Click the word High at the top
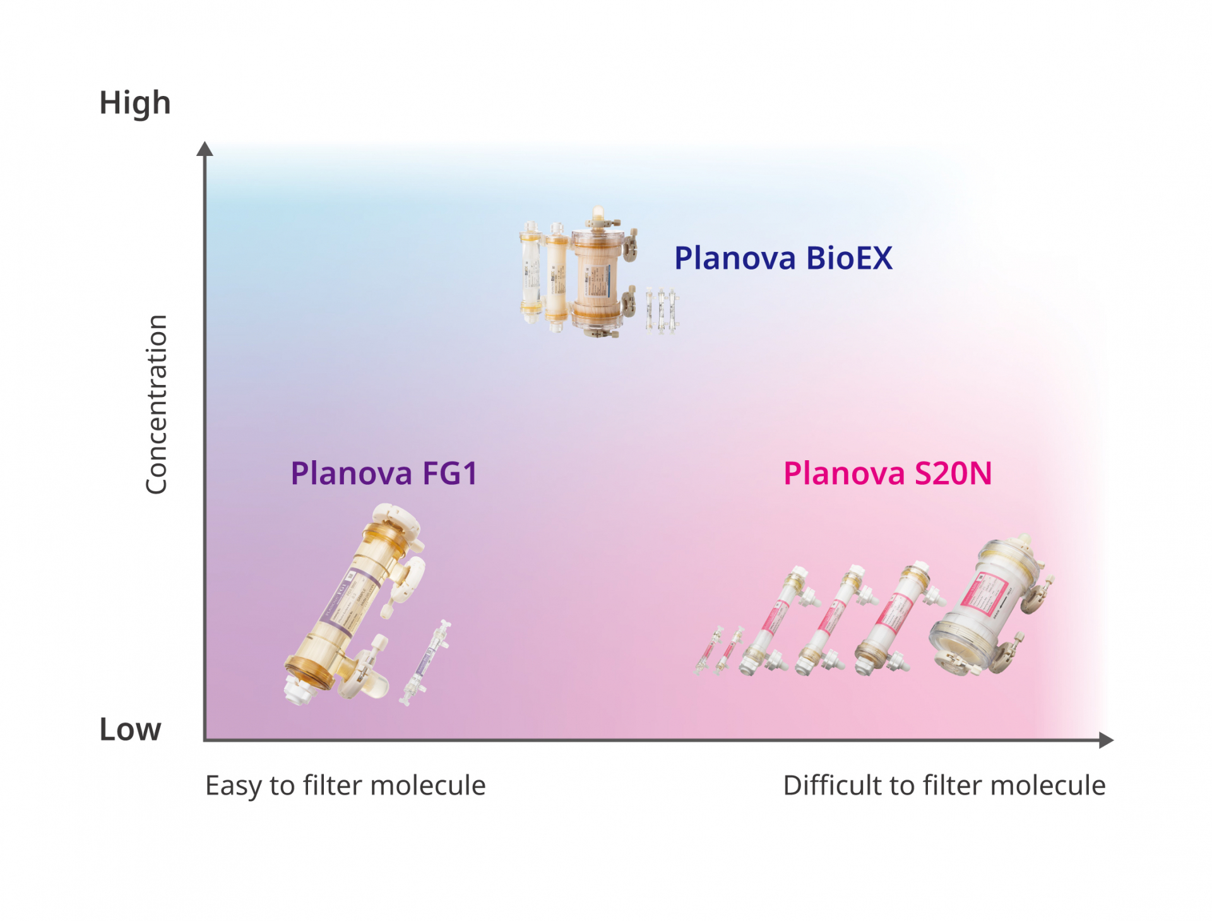[134, 103]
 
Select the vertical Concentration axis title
[156, 404]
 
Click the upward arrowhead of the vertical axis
[205, 149]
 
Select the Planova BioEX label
[783, 258]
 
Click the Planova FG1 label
[384, 473]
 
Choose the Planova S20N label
[887, 473]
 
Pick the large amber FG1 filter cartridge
[353, 606]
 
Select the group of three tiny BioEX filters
[661, 311]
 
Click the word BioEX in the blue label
[849, 258]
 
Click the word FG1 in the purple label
[449, 473]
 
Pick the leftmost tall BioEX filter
[531, 271]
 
